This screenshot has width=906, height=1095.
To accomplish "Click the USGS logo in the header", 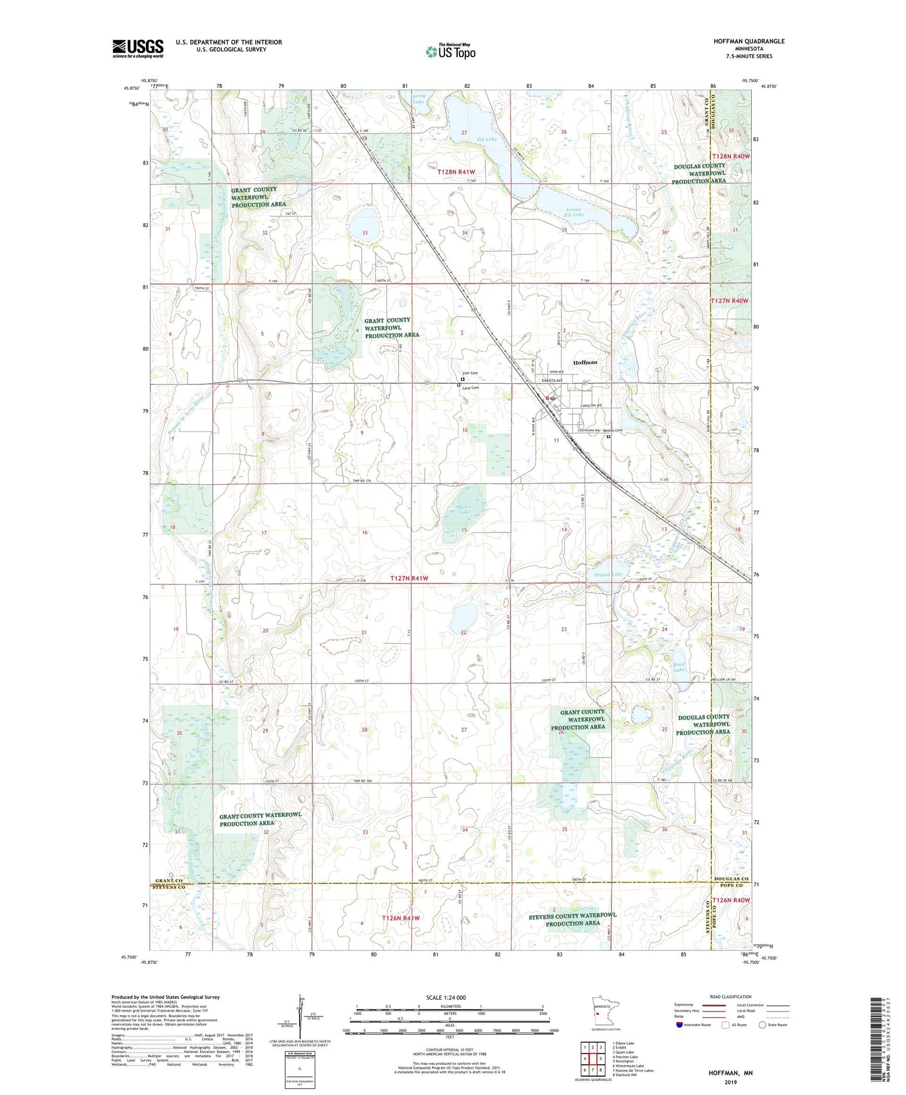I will coord(138,48).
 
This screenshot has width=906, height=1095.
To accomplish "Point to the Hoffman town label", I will coord(585,362).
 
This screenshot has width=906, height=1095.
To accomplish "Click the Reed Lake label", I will coord(679,667).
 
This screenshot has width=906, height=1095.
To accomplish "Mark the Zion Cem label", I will coord(470,373).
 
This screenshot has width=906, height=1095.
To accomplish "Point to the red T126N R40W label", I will coord(730,900).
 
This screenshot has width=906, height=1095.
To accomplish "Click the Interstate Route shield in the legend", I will coord(680,1025).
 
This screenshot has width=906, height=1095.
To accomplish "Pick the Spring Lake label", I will coord(418,99).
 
